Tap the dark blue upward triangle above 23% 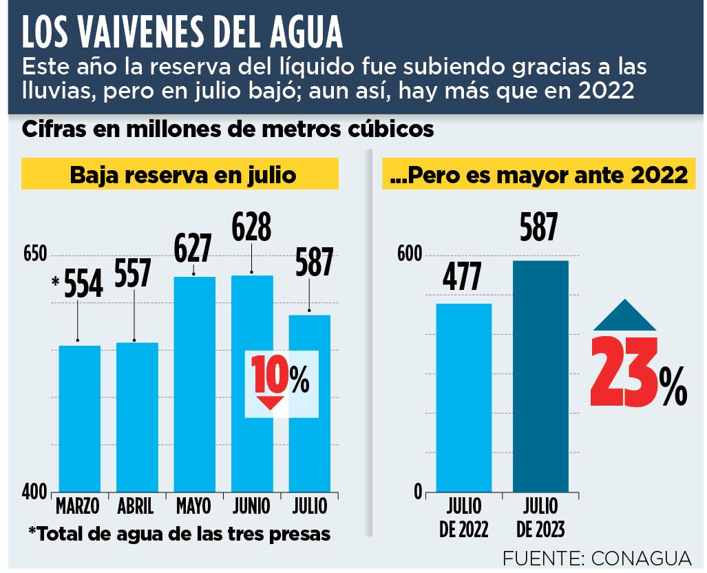coord(625,315)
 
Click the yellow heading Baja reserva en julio coord(182,175)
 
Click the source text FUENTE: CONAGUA coord(596,556)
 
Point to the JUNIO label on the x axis coord(251,506)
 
